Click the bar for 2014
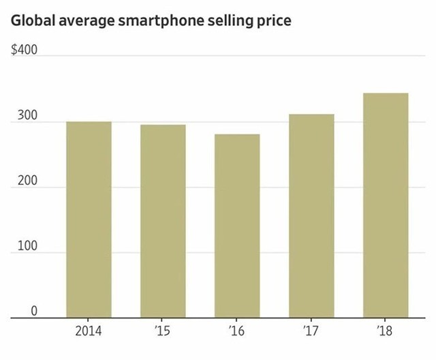pyautogui.click(x=89, y=220)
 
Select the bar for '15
pyautogui.click(x=163, y=221)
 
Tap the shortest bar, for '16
pyautogui.click(x=237, y=226)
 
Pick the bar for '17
pyautogui.click(x=311, y=215)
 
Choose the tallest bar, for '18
pyautogui.click(x=385, y=205)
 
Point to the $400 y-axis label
pyautogui.click(x=25, y=52)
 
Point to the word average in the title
pyautogui.click(x=83, y=21)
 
